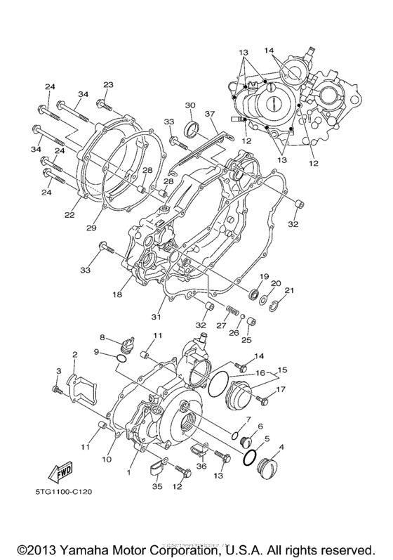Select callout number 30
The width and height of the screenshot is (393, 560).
click(190, 105)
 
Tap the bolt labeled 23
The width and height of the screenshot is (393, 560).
click(102, 105)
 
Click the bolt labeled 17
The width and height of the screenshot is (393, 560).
click(262, 401)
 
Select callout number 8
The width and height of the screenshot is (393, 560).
click(102, 339)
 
